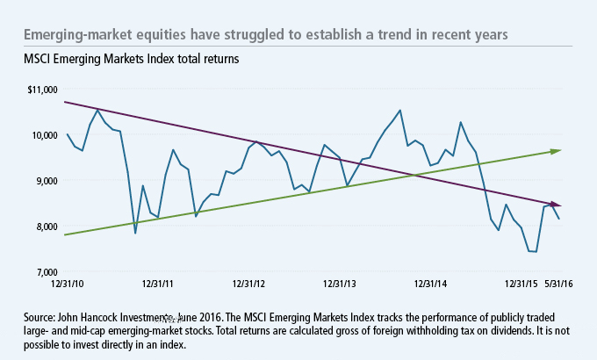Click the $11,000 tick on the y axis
[x=42, y=90]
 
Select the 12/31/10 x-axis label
[x=67, y=284]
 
